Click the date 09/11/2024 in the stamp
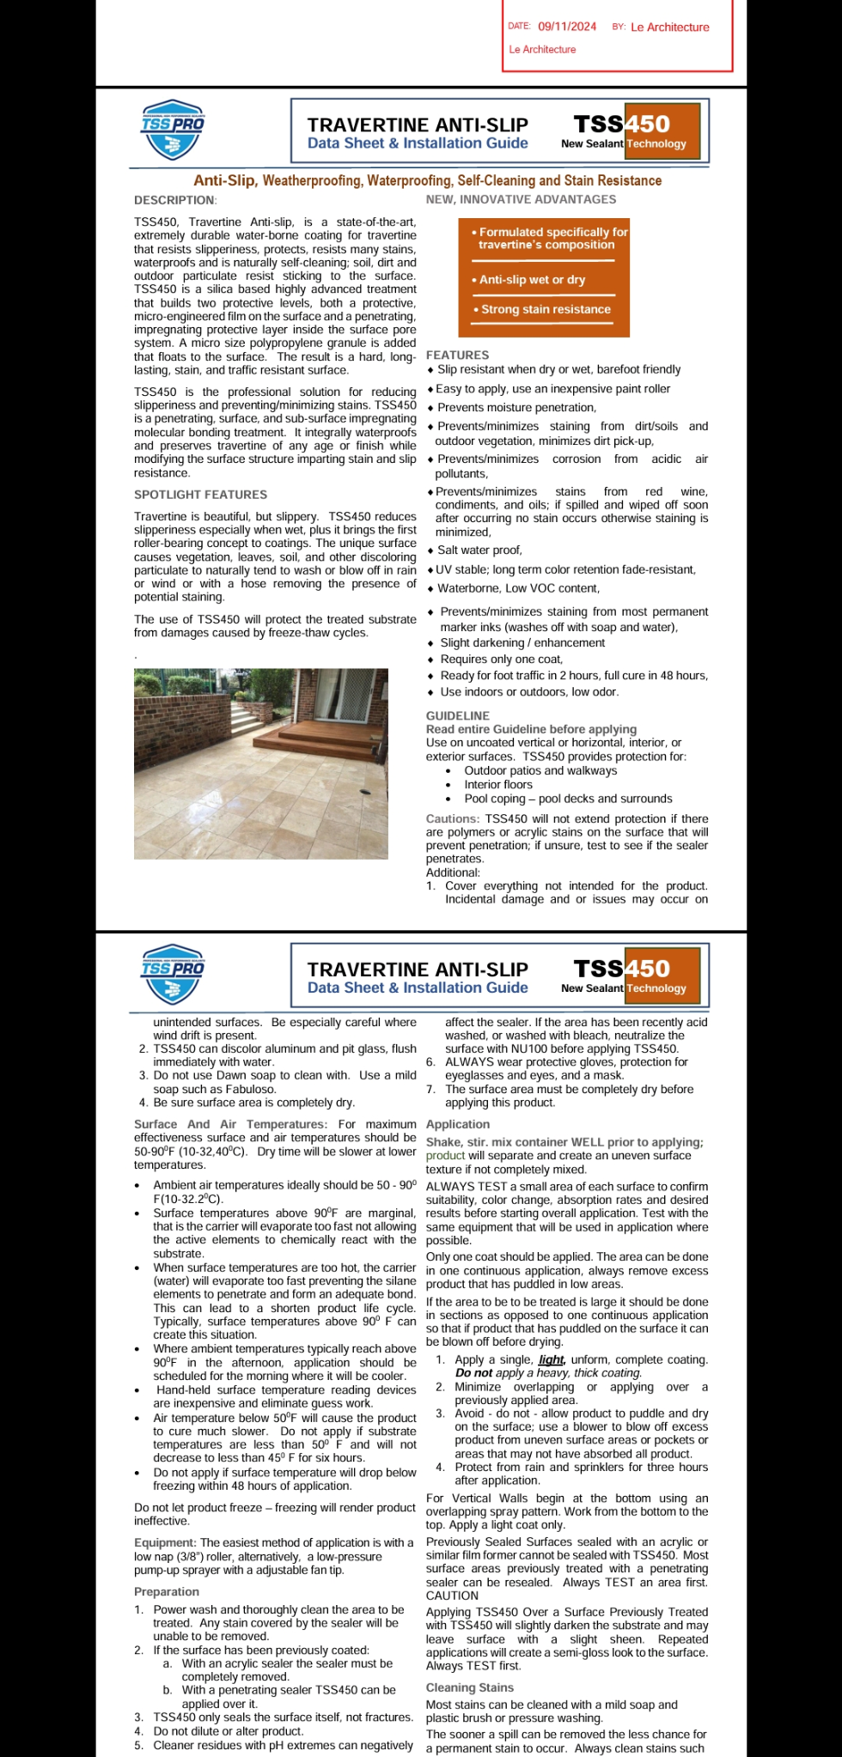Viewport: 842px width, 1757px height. click(x=567, y=27)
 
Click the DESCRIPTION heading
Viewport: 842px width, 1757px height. click(x=174, y=200)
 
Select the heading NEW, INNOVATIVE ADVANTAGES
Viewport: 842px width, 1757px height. click(x=521, y=199)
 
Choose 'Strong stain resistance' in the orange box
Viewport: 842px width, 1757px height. click(x=546, y=309)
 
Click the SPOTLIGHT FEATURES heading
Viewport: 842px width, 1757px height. click(x=200, y=495)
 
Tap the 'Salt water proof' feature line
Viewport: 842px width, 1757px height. click(x=479, y=550)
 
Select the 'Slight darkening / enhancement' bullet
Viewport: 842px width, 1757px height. click(x=522, y=643)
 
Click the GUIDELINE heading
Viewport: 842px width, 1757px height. click(x=458, y=715)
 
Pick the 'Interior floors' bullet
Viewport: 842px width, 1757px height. click(x=498, y=785)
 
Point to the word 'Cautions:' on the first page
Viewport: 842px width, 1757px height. click(x=453, y=819)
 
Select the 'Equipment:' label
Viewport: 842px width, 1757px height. click(x=165, y=1543)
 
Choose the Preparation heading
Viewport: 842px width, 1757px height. click(x=167, y=1591)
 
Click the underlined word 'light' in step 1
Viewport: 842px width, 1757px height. click(x=551, y=1359)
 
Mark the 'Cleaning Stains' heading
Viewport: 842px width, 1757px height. click(x=470, y=1687)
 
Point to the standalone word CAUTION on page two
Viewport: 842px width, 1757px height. click(x=452, y=1596)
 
